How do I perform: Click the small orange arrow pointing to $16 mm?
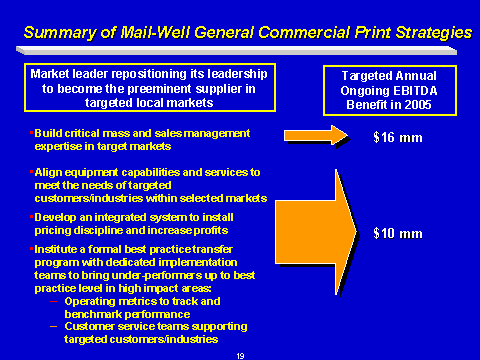(x=315, y=135)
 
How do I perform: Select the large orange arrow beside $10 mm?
(x=316, y=232)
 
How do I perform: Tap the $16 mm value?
(x=398, y=137)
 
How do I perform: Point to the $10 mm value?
(x=398, y=233)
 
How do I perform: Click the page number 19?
(x=240, y=356)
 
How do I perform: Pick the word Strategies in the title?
(x=434, y=33)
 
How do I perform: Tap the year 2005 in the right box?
(x=418, y=105)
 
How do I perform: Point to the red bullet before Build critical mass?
(x=31, y=133)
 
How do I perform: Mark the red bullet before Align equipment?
(x=31, y=172)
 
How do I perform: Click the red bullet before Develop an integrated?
(x=31, y=217)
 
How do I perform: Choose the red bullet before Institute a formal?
(x=31, y=249)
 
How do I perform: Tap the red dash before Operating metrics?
(x=53, y=302)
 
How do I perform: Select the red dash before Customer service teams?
(x=53, y=327)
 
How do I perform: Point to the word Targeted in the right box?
(x=365, y=76)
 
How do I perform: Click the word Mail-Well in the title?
(x=155, y=33)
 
